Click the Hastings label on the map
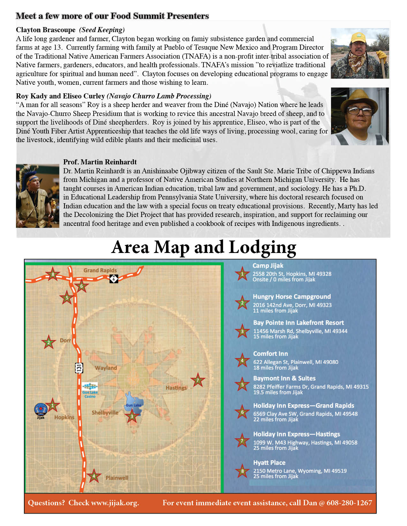tap(176, 388)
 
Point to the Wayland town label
tap(106, 368)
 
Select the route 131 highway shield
tap(79, 368)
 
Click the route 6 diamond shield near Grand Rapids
tap(114, 278)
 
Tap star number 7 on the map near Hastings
tap(198, 380)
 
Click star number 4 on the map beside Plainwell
tap(94, 476)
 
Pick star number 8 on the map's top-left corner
tap(53, 274)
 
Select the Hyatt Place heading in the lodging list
tap(269, 463)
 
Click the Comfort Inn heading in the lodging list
tap(270, 354)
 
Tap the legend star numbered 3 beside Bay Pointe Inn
tap(242, 331)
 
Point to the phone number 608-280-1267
tap(349, 503)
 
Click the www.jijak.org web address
tap(115, 503)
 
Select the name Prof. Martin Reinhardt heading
tap(100, 162)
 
